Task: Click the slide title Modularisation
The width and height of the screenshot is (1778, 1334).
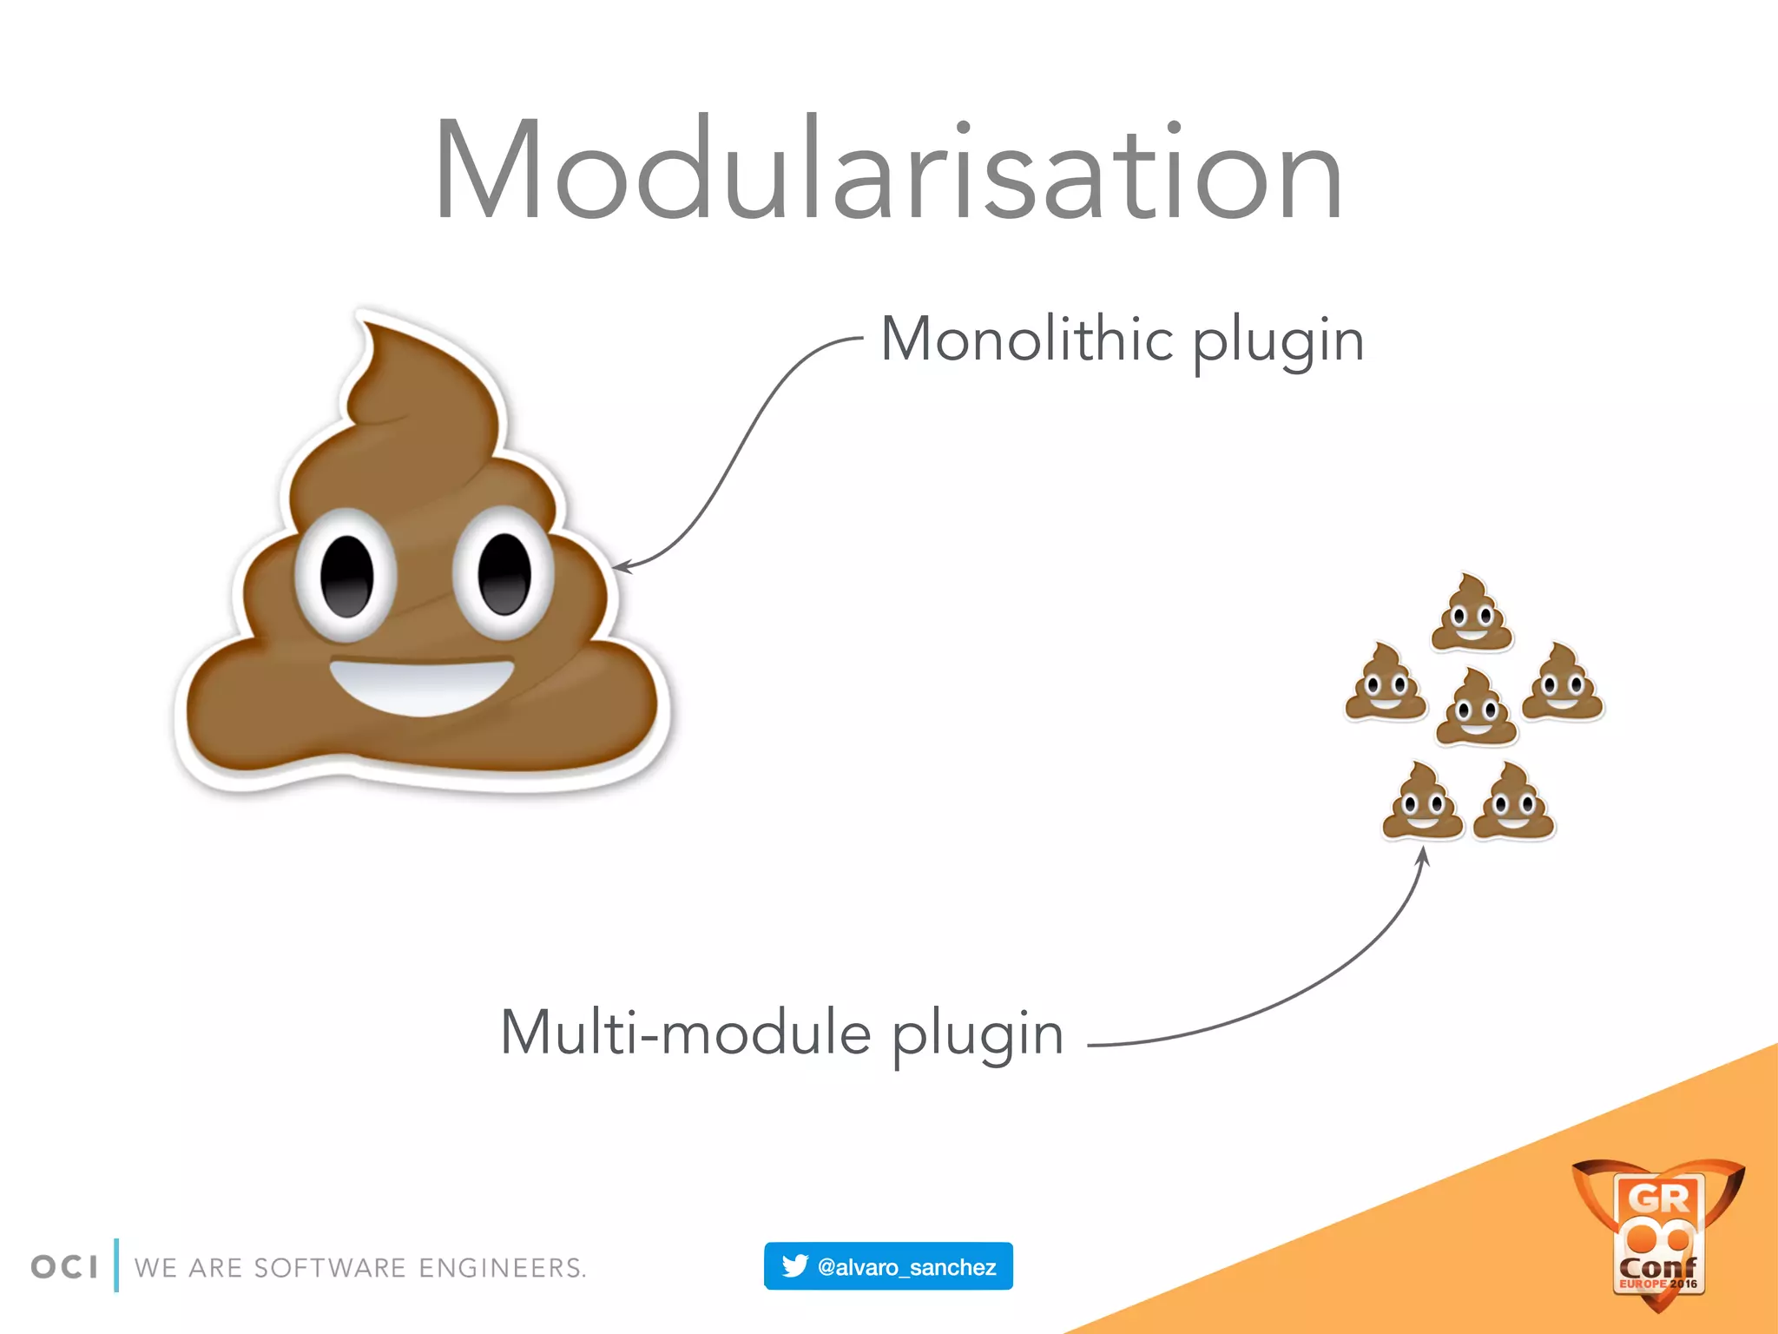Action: click(888, 169)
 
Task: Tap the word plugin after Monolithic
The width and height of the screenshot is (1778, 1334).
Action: click(1278, 342)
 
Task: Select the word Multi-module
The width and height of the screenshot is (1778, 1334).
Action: click(686, 1034)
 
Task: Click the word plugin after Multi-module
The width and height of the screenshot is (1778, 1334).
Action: click(978, 1037)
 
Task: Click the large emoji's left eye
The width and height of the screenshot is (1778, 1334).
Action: click(347, 575)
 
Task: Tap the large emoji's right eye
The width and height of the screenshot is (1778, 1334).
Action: click(504, 573)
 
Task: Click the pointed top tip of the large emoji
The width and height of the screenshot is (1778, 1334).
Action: click(367, 325)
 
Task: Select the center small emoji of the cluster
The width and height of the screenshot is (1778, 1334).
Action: click(1476, 707)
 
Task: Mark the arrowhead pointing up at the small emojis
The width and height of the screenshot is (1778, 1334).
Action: click(1423, 855)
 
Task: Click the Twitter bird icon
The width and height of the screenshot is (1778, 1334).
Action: click(794, 1265)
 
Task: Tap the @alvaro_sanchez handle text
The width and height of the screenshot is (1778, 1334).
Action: click(906, 1267)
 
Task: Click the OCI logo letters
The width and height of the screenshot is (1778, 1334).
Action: click(64, 1267)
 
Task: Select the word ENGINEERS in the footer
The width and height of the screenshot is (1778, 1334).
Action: click(502, 1268)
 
